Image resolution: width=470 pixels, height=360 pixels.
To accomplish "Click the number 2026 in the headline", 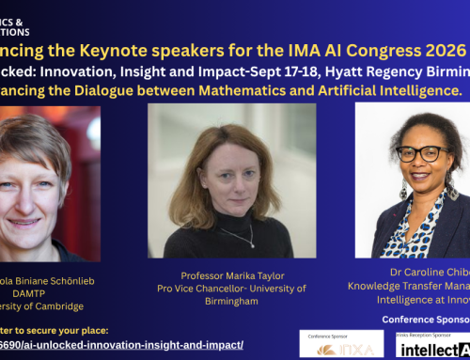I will click(442, 49).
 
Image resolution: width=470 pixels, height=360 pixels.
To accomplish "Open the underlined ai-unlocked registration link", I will click(122, 345).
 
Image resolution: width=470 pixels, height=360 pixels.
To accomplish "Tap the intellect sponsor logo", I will click(431, 350).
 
